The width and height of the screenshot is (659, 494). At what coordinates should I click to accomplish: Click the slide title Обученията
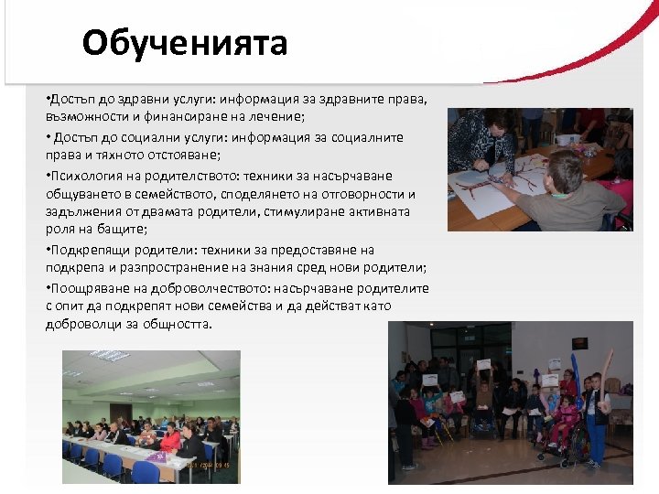pos(184,43)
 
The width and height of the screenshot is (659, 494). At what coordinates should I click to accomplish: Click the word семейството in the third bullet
pos(183,194)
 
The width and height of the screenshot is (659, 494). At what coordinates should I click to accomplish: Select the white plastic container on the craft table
pos(568,139)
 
